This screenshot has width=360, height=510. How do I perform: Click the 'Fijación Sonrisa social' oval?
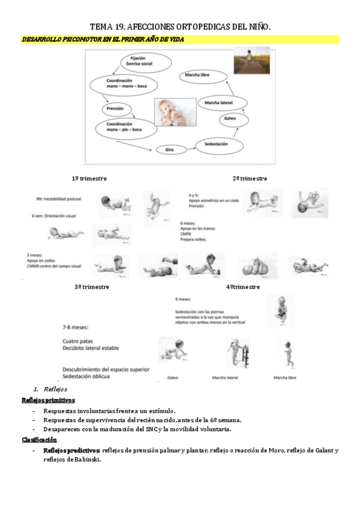pos(139,62)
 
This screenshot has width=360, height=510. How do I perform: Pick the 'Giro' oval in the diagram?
pos(169,149)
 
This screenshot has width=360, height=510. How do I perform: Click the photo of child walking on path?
pos(251,60)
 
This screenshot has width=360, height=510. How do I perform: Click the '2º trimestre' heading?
pos(249,179)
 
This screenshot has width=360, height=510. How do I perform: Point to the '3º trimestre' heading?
pos(91,287)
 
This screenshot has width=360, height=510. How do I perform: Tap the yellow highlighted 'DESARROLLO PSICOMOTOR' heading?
pos(102,39)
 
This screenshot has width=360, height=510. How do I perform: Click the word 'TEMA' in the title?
pos(103,26)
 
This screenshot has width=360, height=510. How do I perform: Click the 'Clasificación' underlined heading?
pos(39,440)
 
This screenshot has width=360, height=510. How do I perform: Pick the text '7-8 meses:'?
pos(75,327)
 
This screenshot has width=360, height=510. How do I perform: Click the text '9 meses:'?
pos(183,298)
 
